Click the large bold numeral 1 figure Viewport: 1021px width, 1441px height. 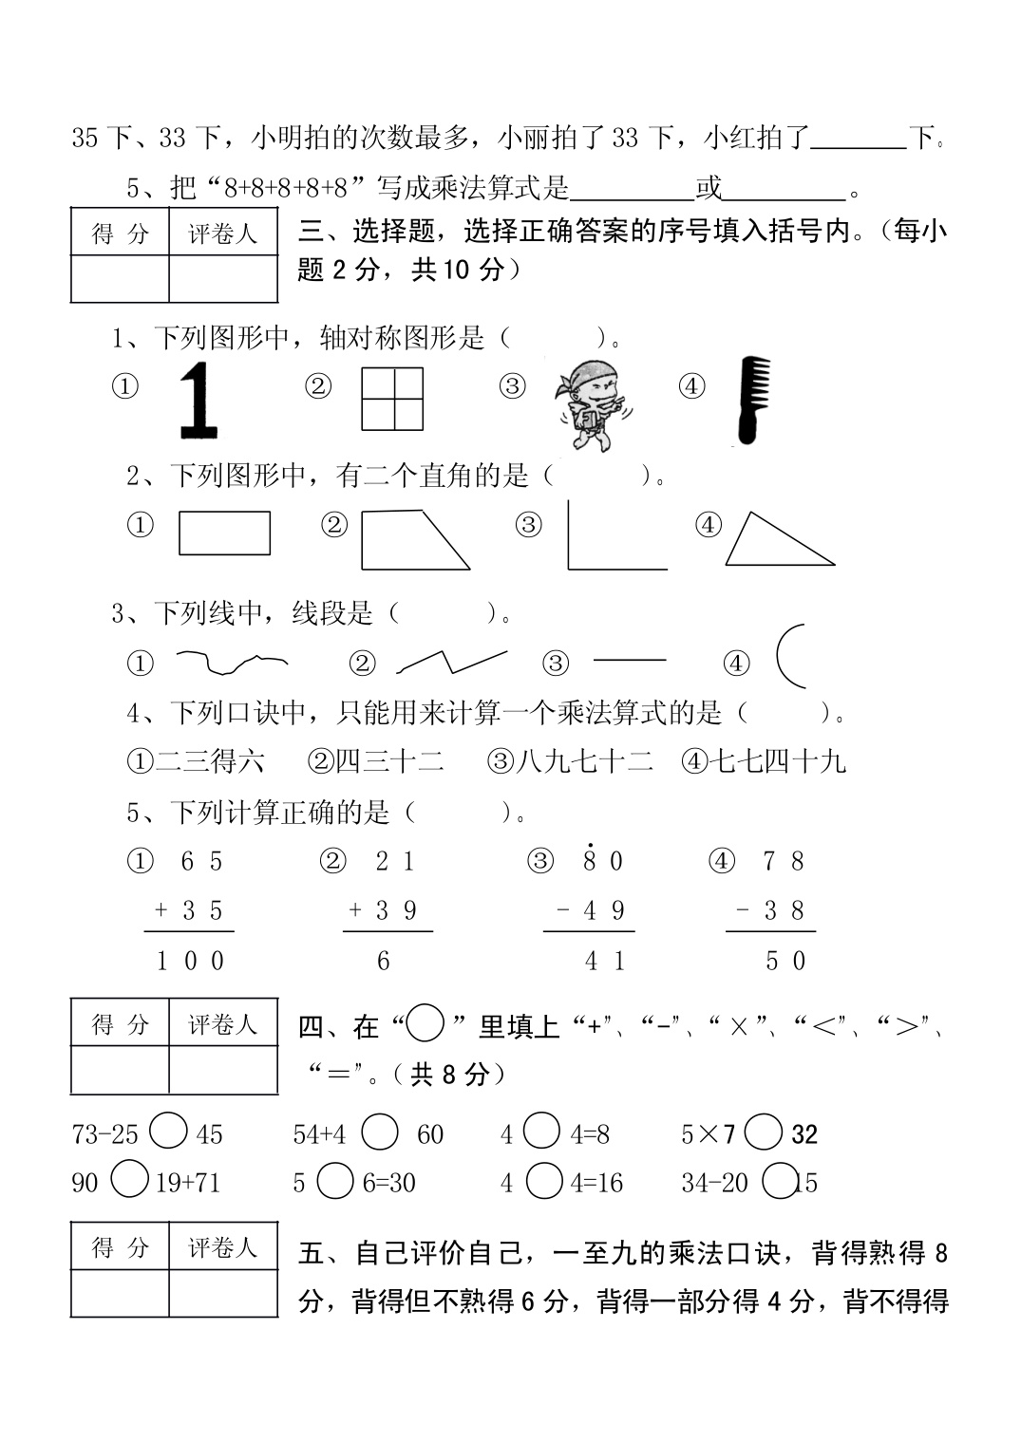tap(198, 400)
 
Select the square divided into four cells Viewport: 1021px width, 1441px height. tap(392, 399)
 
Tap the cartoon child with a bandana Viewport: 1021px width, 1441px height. tap(594, 403)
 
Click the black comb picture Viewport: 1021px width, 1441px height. tap(750, 400)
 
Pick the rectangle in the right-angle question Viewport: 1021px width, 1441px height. tap(224, 533)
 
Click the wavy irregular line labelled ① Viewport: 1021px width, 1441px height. tap(231, 662)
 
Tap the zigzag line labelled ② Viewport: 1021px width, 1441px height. tap(451, 661)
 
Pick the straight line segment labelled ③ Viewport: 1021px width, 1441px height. tap(629, 660)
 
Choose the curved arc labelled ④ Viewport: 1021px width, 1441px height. tap(789, 655)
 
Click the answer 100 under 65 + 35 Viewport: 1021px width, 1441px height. tap(190, 961)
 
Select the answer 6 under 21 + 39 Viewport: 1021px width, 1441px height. tap(384, 961)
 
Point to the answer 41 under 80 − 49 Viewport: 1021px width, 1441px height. tap(605, 961)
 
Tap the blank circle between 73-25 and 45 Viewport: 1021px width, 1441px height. tap(168, 1132)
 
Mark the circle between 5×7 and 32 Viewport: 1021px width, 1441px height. tap(764, 1132)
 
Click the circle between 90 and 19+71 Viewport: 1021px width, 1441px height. tap(130, 1180)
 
